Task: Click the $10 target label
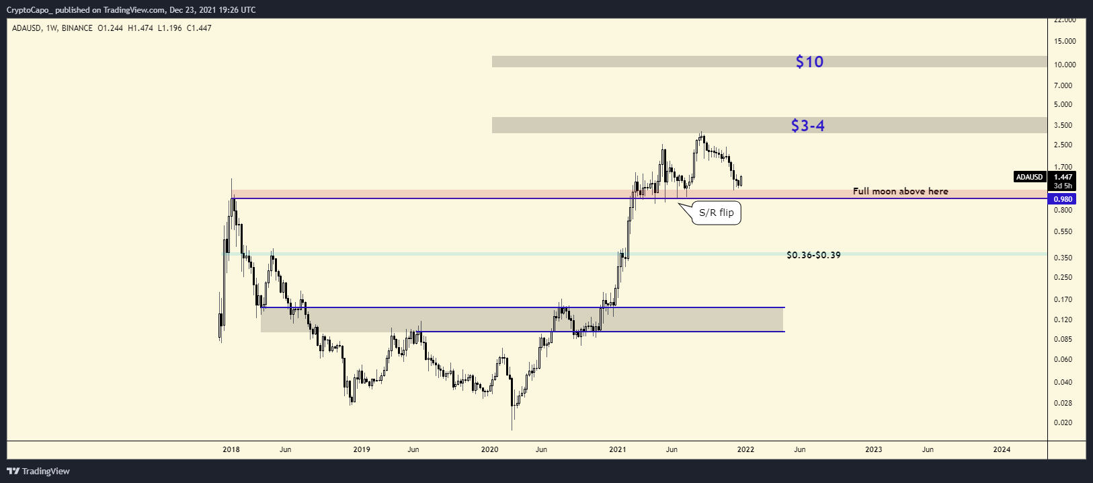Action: [x=809, y=62]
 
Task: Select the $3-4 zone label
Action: [x=807, y=126]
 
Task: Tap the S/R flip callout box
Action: [x=717, y=213]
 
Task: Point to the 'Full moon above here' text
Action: [x=900, y=192]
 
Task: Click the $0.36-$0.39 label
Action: [x=813, y=256]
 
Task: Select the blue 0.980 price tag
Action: [x=1063, y=199]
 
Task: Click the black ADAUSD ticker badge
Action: [x=1029, y=177]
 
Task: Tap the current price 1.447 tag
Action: [x=1063, y=177]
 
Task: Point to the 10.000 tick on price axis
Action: [x=1065, y=65]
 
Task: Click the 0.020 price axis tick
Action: [x=1063, y=423]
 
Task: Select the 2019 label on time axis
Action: [x=362, y=449]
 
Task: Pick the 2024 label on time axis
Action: [x=1002, y=449]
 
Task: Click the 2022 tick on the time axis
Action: [x=745, y=449]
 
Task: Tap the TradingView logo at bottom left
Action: [x=38, y=471]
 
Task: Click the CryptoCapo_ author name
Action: [x=29, y=10]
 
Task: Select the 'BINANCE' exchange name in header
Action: [x=77, y=28]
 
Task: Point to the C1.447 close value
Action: [x=199, y=28]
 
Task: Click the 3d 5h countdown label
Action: [x=1063, y=186]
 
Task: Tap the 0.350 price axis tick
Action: [x=1063, y=258]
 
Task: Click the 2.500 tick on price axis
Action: [x=1063, y=145]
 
